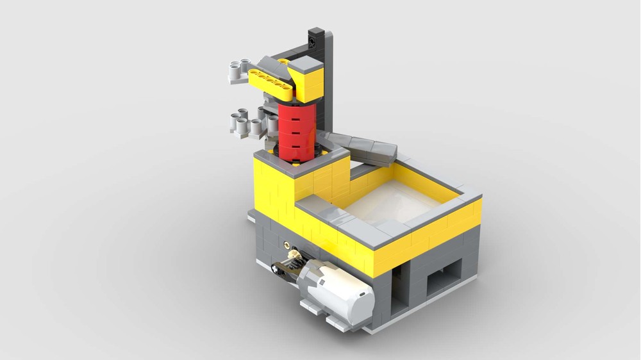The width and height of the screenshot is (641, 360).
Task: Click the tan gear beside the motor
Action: [x=293, y=255]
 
